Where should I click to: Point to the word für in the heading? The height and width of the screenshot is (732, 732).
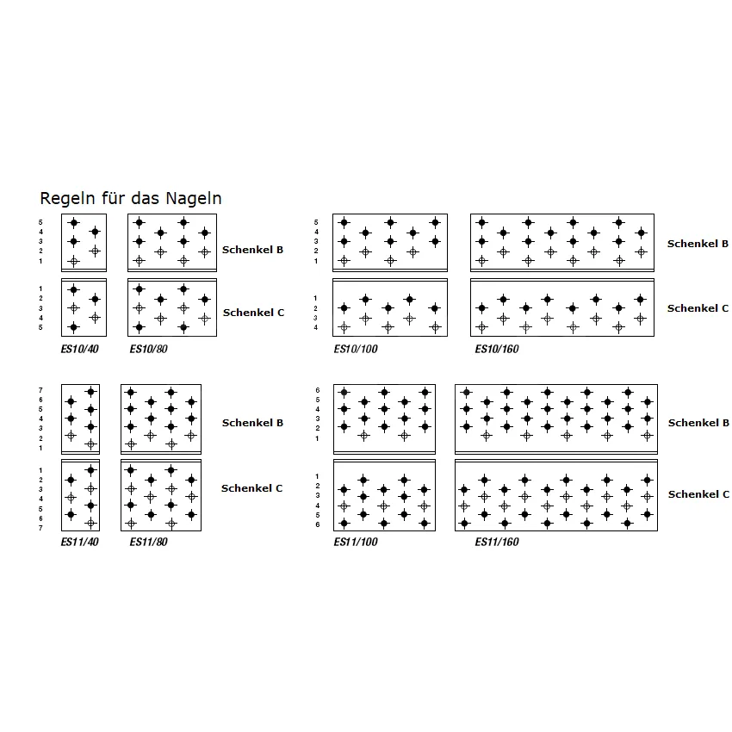(x=116, y=198)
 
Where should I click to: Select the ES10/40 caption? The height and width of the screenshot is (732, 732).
(x=78, y=350)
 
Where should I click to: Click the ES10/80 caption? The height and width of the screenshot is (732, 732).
(x=148, y=350)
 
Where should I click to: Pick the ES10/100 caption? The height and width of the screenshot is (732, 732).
(x=356, y=350)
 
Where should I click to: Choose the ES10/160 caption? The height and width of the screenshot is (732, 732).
(x=497, y=350)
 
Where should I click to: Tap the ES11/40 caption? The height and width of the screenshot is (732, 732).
(x=78, y=543)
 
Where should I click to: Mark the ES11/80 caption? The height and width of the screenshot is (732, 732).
(x=148, y=543)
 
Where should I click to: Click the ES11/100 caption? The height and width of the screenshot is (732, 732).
(x=356, y=543)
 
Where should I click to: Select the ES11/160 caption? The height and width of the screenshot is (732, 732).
(x=497, y=543)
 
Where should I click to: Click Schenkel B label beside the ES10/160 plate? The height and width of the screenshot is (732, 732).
(x=698, y=245)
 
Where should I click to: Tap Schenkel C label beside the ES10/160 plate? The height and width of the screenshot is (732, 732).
(x=698, y=308)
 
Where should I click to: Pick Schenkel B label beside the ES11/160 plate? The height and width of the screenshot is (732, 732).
(x=698, y=423)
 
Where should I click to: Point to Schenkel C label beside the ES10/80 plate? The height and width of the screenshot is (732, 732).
(x=253, y=313)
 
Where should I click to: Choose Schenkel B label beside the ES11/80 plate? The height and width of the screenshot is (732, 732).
(x=252, y=423)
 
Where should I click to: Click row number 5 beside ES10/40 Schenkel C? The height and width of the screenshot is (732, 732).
(x=40, y=327)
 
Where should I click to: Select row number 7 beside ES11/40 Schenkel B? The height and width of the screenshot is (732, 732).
(x=40, y=391)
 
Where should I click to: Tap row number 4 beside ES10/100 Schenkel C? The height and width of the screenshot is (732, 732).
(x=315, y=327)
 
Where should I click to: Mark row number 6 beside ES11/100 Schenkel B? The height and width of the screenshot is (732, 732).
(x=316, y=391)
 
